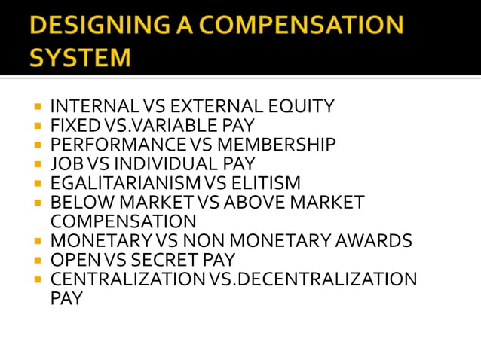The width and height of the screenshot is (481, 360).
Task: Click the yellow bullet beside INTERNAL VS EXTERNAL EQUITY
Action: point(37,107)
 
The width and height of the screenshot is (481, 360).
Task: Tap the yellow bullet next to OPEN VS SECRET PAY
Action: point(37,261)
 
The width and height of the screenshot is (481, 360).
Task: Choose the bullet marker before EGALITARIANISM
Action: point(37,184)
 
